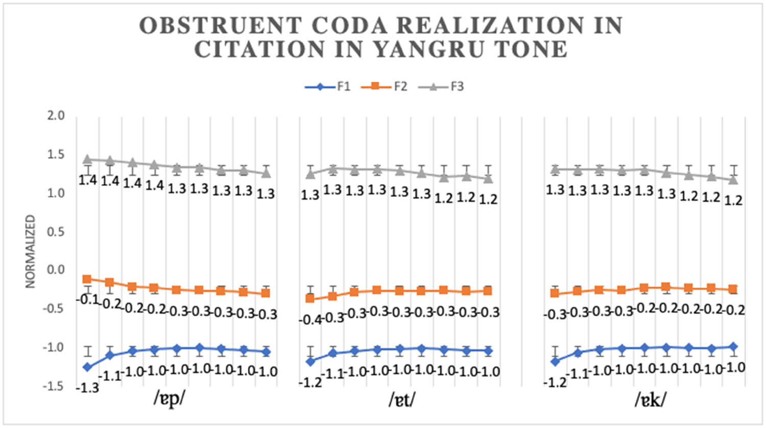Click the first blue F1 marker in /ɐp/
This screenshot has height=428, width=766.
[87, 367]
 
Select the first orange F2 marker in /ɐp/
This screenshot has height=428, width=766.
[87, 279]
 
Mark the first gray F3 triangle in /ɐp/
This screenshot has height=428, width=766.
[87, 159]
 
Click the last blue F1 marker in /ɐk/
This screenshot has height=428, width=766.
[734, 347]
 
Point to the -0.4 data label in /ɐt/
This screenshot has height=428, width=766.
[309, 320]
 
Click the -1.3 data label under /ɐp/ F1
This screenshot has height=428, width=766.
[87, 388]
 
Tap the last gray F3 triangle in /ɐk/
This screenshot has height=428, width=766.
[734, 179]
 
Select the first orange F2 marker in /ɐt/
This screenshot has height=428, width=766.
[310, 298]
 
